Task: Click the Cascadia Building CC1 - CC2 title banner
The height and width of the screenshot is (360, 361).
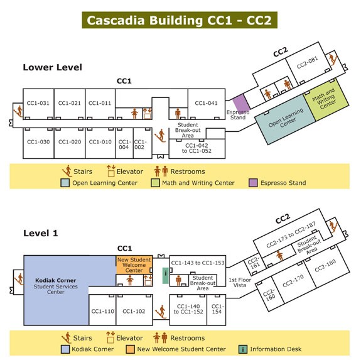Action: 180,20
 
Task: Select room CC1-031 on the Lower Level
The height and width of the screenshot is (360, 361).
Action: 38,104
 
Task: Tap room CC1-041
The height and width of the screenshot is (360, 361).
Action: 207,104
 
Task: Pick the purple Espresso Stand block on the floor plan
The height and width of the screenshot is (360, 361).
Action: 241,103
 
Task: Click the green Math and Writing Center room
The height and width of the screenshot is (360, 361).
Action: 326,99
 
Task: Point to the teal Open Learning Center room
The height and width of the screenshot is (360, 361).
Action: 286,119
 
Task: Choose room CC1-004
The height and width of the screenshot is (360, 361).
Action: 124,143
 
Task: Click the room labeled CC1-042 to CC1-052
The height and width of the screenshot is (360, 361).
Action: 197,148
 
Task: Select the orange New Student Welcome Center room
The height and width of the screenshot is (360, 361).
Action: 134,265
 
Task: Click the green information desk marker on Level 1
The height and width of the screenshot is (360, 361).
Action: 166,275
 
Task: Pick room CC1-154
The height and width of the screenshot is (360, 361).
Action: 217,310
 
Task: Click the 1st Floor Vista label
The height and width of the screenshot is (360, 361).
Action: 240,283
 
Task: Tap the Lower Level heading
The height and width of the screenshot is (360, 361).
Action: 53,67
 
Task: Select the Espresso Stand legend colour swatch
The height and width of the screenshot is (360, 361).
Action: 253,183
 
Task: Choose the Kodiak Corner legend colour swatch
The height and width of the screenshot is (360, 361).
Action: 65,349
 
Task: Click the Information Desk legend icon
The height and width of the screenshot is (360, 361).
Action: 243,349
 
